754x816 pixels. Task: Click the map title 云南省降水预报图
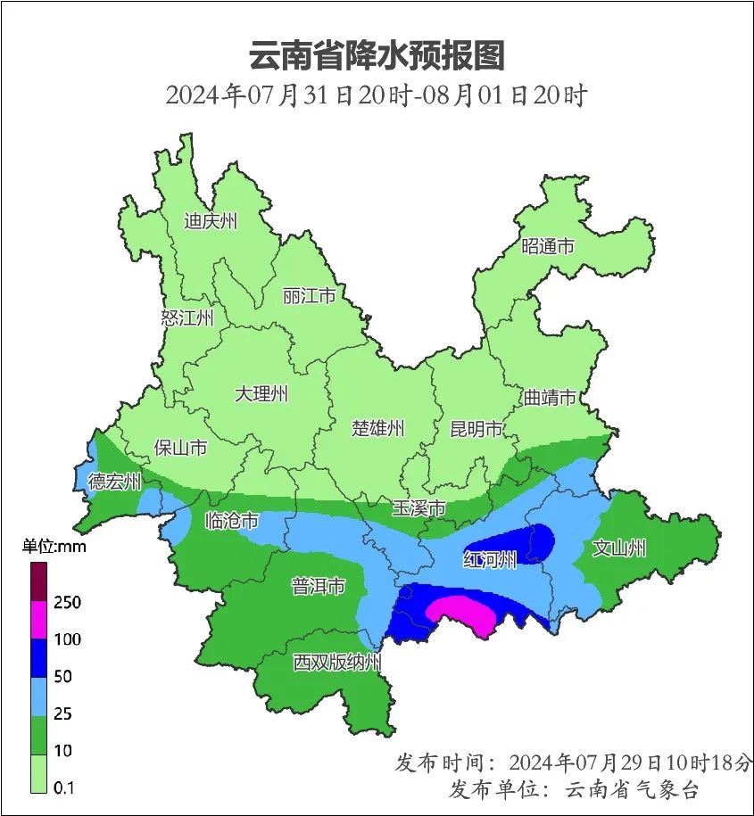(x=377, y=55)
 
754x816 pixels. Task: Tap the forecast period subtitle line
(x=376, y=95)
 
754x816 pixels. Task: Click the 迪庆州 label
(x=211, y=222)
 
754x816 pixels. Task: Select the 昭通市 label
(x=548, y=246)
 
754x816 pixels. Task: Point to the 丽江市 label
(x=309, y=295)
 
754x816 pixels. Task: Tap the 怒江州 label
(x=188, y=317)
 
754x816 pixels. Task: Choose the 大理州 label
(x=261, y=393)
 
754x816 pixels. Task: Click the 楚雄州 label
(x=377, y=429)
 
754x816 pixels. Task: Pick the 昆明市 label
(x=476, y=430)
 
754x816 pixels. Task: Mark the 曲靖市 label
(x=549, y=398)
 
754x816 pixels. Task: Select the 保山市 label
(x=180, y=448)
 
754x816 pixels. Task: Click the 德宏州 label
(x=114, y=482)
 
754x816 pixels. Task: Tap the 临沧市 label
(x=232, y=520)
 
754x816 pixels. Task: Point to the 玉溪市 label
(x=418, y=508)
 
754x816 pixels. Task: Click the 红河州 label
(x=490, y=560)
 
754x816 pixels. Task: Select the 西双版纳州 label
(x=337, y=663)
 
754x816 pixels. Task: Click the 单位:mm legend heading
(x=54, y=547)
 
